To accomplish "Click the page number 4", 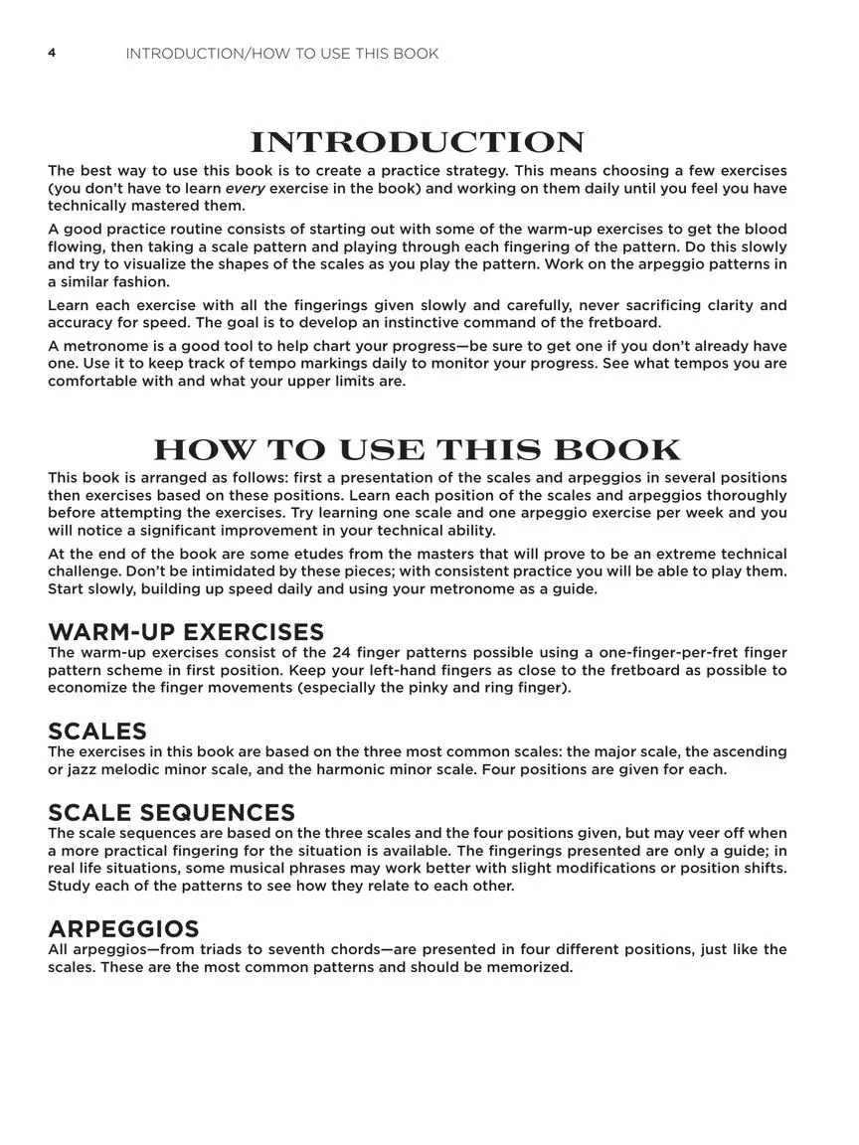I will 52,53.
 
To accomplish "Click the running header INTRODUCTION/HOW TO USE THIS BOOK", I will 281,54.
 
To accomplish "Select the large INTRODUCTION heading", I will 417,143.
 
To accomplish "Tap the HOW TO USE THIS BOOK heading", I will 417,450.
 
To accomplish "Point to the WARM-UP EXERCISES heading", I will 186,632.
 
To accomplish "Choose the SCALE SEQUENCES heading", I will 171,813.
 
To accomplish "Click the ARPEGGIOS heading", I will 123,929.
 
